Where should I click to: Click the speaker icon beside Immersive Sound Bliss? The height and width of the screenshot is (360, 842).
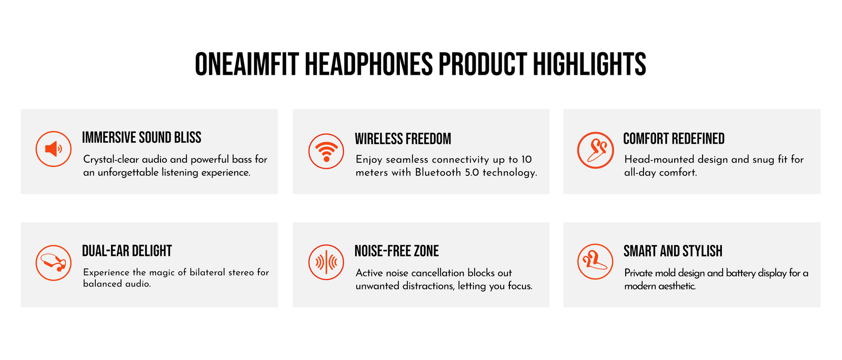click(x=53, y=149)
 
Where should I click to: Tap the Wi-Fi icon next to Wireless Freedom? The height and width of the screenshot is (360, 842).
click(x=326, y=151)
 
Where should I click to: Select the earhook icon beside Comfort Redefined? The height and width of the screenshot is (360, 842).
click(x=595, y=150)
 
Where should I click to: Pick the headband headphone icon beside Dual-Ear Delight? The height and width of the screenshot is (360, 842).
click(x=53, y=263)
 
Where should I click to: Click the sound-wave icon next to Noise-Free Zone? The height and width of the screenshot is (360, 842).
click(x=326, y=262)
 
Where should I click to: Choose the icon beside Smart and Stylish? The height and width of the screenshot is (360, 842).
click(x=595, y=262)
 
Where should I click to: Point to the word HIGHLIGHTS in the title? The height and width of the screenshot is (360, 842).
click(x=589, y=64)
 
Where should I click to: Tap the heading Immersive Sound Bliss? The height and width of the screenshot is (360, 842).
click(x=142, y=137)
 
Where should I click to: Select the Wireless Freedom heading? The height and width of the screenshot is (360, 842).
click(x=403, y=139)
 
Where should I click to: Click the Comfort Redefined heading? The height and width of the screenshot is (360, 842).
click(x=674, y=138)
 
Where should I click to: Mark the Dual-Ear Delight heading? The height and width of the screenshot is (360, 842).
click(x=127, y=251)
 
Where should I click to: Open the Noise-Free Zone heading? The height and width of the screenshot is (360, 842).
click(x=397, y=251)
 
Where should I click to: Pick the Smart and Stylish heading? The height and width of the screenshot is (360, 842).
click(x=673, y=251)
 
